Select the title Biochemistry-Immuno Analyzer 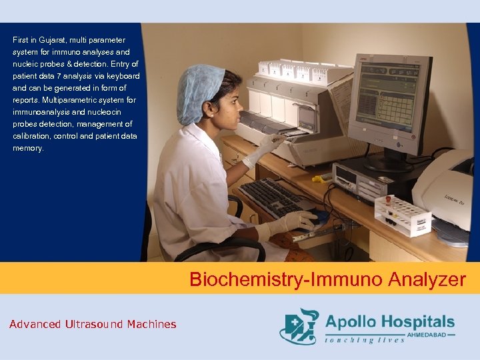tap(327, 279)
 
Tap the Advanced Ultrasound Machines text tap(93, 325)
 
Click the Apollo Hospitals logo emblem tap(299, 326)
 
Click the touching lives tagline tap(364, 341)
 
